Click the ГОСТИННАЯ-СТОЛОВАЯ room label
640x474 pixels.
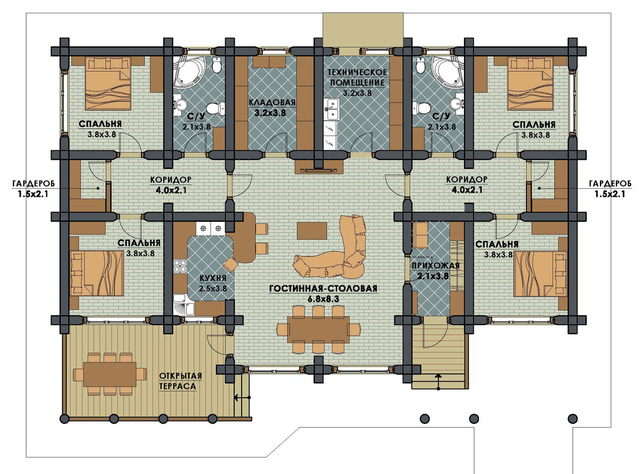pos(323,288)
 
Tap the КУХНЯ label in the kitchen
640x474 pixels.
pos(213,278)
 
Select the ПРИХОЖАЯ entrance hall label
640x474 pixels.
pos(435,266)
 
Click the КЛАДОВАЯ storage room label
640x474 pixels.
pos(272,102)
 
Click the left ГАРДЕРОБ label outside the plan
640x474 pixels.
pos(33,183)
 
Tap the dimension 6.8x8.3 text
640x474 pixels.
pos(323,300)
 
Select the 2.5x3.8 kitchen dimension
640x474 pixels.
pos(213,288)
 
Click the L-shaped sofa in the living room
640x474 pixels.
pos(333,248)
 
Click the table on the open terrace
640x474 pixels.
pos(110,374)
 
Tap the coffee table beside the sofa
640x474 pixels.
pos(312,230)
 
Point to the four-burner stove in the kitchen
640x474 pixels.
pos(180,266)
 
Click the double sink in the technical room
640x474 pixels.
pos(331,109)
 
